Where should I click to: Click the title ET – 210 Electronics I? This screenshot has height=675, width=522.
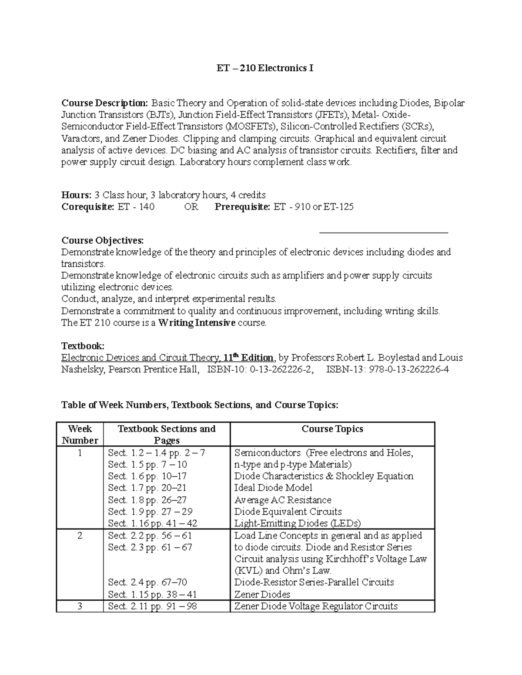(265, 68)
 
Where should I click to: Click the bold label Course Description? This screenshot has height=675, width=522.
(105, 103)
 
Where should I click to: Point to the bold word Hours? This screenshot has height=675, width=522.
(77, 195)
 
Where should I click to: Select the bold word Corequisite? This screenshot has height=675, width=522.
(88, 206)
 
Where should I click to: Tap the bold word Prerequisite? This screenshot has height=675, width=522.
(242, 206)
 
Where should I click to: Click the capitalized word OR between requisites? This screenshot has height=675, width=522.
(191, 206)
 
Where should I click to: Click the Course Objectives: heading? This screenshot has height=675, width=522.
(102, 240)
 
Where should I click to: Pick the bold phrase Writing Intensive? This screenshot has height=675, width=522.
(197, 323)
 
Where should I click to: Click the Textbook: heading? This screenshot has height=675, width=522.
(83, 346)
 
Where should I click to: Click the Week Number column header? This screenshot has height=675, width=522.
(80, 434)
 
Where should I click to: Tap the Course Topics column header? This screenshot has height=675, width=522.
(332, 429)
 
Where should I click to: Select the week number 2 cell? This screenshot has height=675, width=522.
(80, 535)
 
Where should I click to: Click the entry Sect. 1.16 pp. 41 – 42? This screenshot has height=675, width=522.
(153, 523)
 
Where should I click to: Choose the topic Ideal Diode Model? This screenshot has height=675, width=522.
(273, 488)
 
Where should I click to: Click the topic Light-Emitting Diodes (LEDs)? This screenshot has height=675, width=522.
(298, 523)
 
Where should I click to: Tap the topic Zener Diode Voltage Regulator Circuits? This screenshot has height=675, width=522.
(316, 606)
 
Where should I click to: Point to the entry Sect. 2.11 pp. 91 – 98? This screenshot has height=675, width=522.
(153, 606)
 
